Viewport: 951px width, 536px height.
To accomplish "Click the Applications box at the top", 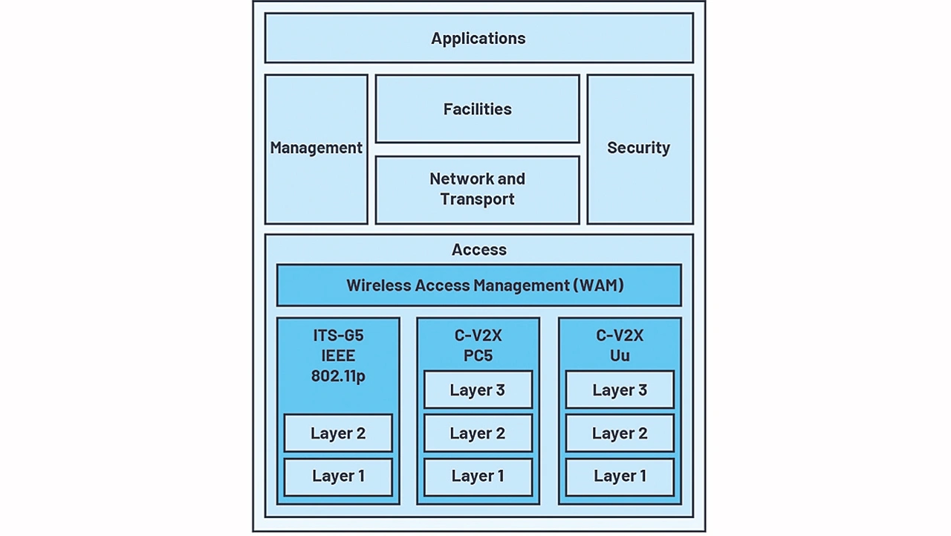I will (x=478, y=39).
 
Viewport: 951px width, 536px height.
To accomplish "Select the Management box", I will (x=316, y=148).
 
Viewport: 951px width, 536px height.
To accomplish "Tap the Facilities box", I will (x=477, y=109).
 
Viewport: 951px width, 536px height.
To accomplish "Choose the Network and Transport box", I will (x=477, y=189).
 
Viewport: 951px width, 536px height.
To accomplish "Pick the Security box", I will (x=639, y=148).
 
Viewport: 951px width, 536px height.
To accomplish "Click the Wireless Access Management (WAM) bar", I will (x=478, y=285).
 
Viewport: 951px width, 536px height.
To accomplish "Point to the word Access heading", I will (x=479, y=250).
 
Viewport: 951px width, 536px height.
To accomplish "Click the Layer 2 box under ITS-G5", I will (x=338, y=433).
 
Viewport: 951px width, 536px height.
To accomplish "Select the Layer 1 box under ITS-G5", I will (x=338, y=477).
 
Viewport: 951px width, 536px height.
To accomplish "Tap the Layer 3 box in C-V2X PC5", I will (x=478, y=390).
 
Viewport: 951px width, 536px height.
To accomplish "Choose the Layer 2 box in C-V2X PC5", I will (x=478, y=433).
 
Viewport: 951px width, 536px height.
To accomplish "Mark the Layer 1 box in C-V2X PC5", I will (x=478, y=477).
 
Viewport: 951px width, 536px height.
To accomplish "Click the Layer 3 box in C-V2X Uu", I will (x=620, y=390).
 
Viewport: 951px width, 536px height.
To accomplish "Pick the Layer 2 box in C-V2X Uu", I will (x=620, y=433).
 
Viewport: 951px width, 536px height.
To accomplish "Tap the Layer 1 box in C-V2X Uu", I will (x=620, y=477).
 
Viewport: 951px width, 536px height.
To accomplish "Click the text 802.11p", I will (x=338, y=376).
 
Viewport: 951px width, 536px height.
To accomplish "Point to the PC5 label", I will (x=478, y=356).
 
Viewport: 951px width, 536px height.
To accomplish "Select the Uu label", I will (x=620, y=356).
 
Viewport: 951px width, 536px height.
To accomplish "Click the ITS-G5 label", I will (x=338, y=336).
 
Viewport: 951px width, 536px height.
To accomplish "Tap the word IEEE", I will (x=338, y=356).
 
